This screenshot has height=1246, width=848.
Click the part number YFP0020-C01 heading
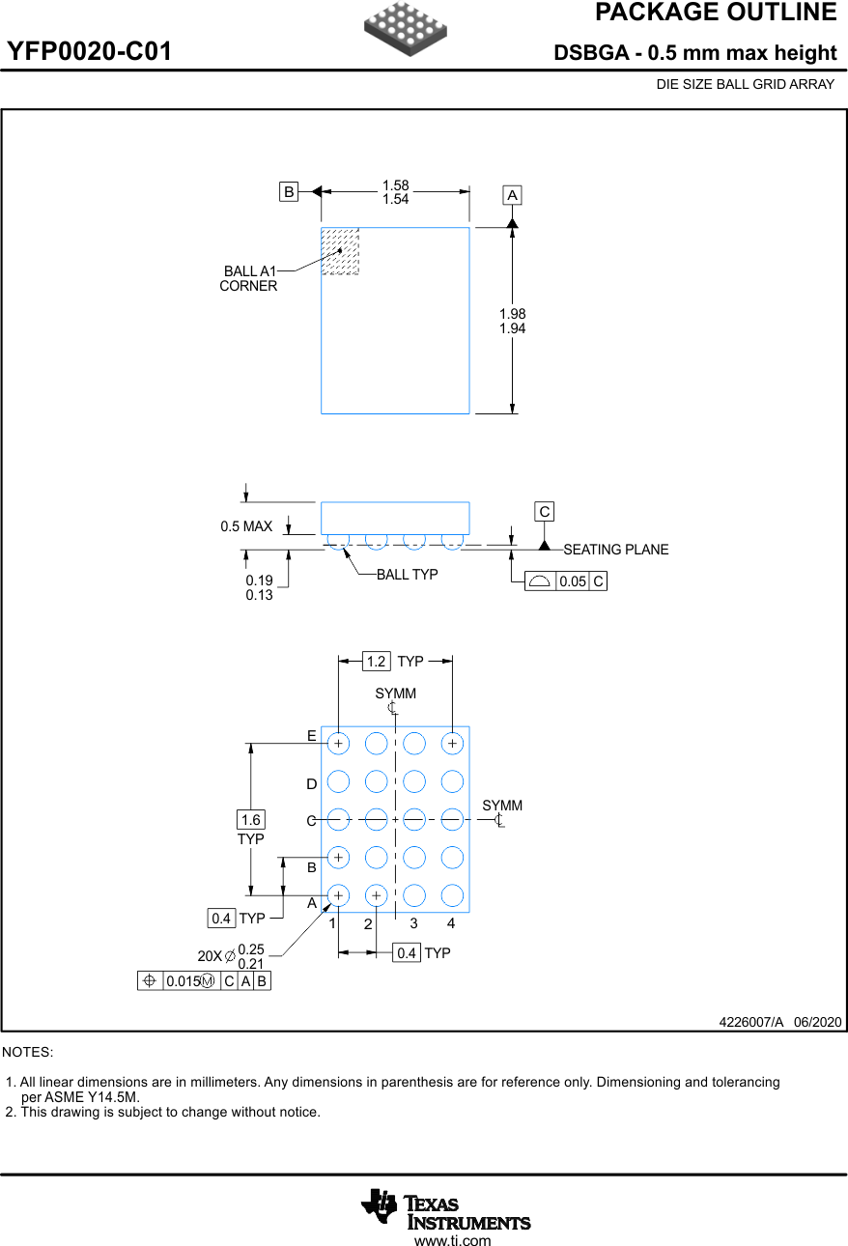(x=90, y=52)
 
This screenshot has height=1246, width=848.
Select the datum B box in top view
(x=289, y=191)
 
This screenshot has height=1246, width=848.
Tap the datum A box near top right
(x=512, y=195)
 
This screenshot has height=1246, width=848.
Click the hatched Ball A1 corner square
(x=340, y=251)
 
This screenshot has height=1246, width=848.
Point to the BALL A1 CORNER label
(x=249, y=278)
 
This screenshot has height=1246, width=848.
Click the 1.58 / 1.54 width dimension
(x=395, y=192)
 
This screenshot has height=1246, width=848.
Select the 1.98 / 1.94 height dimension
(x=513, y=321)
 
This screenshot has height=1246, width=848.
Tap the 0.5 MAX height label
(x=246, y=526)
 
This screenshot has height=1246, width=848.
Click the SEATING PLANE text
(x=615, y=550)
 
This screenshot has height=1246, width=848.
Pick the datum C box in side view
(x=545, y=512)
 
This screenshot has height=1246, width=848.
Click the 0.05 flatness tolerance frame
(x=566, y=581)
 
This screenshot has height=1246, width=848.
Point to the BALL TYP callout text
(x=407, y=575)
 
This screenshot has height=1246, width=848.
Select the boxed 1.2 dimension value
(x=376, y=662)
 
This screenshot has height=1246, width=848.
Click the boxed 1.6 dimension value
(x=250, y=820)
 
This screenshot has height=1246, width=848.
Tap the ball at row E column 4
(x=452, y=743)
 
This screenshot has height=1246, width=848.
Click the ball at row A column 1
(x=338, y=895)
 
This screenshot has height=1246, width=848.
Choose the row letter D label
(x=312, y=783)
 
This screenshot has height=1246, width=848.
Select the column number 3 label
(x=413, y=923)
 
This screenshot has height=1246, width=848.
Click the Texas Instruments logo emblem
(x=380, y=1204)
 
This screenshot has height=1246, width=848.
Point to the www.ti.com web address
(x=452, y=1241)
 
